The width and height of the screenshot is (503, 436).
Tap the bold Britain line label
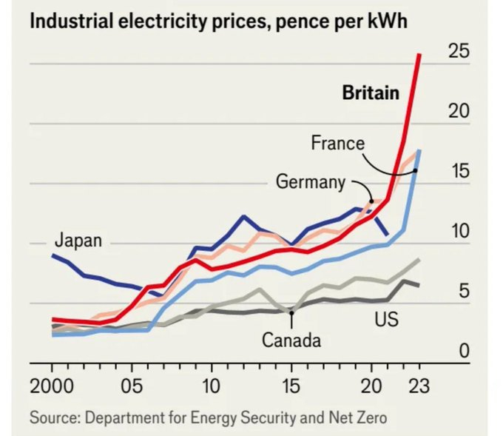pos(371,93)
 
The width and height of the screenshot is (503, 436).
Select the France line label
pos(337,142)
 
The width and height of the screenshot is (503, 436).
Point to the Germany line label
pos(311,181)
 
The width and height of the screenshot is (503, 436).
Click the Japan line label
pos(78,240)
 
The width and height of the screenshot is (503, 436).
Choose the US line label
pos(386,320)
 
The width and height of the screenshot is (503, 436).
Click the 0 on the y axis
pos(464,351)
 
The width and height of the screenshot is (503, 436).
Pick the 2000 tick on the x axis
pos(52,387)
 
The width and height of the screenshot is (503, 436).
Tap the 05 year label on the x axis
pos(132,387)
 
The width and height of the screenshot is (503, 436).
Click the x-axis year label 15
pos(291,387)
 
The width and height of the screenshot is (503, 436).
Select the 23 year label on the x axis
pos(419,387)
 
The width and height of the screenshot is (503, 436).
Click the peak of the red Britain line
pos(419,54)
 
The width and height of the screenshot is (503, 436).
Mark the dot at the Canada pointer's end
pos(291,313)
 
